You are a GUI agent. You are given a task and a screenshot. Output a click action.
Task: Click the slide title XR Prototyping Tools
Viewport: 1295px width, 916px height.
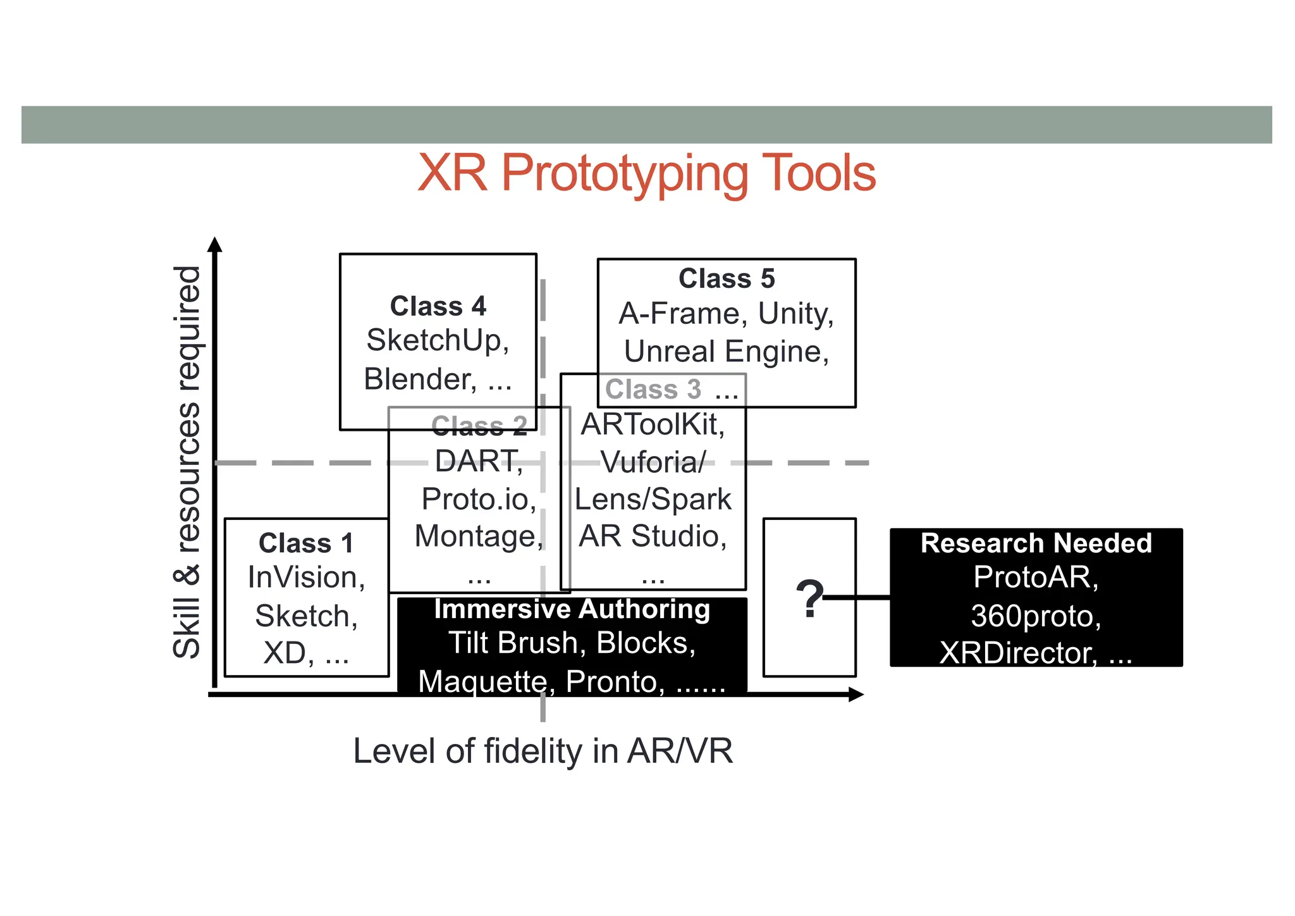pos(646,173)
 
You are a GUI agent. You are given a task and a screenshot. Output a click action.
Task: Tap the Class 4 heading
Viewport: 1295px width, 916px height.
pos(438,306)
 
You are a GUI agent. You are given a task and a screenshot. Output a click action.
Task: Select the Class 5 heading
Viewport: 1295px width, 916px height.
pos(726,278)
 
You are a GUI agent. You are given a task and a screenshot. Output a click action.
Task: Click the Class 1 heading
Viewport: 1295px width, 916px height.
pos(306,543)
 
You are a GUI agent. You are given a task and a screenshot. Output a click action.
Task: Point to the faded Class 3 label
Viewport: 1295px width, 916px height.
pos(653,390)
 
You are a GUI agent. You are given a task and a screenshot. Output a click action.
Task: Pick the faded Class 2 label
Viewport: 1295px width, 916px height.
pos(479,426)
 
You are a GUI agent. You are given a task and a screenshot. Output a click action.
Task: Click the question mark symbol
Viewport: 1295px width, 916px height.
pos(809,598)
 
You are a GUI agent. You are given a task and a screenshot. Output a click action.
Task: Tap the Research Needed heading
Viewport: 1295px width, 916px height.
pos(1036,543)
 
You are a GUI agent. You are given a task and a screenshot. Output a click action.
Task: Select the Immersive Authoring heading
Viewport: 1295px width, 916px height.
pos(572,609)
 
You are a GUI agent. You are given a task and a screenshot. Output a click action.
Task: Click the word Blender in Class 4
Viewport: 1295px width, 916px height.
pos(419,379)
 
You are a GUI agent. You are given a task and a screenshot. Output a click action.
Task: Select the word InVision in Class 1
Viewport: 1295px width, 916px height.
pos(305,578)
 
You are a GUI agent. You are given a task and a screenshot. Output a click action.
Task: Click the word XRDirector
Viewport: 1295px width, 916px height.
pos(1017,653)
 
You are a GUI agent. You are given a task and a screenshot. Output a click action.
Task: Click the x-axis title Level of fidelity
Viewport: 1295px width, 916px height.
pos(543,752)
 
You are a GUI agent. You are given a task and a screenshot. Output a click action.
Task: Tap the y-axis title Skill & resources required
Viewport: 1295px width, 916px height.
pos(187,462)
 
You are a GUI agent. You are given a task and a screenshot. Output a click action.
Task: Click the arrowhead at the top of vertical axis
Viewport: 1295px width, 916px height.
pos(215,244)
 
